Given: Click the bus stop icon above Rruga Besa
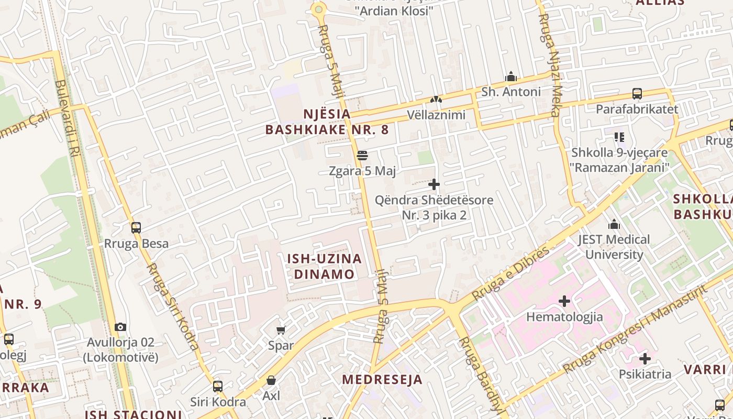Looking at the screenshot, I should [x=136, y=228].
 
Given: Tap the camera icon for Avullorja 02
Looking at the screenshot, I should [x=120, y=327].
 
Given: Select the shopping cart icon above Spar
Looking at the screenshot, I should [x=281, y=330].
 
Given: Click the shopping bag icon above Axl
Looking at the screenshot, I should [x=271, y=380].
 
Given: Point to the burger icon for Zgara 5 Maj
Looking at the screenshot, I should [x=362, y=156].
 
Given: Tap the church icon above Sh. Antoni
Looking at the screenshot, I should [x=511, y=77].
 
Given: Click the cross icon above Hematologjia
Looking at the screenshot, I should [x=564, y=301].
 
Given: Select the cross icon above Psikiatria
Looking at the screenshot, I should [x=645, y=359].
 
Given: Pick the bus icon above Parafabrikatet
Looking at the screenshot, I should [x=637, y=94].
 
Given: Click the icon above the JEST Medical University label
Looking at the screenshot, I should [x=614, y=225].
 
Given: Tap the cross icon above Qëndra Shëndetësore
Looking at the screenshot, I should [x=434, y=184].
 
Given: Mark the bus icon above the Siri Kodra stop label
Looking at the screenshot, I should [x=218, y=387].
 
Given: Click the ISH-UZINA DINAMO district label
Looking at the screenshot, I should [x=324, y=266].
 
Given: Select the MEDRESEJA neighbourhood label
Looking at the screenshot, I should [x=382, y=380].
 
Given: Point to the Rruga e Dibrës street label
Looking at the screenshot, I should [x=510, y=273].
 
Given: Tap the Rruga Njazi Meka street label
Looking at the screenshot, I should [x=549, y=65].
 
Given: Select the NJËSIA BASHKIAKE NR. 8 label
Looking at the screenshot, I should [x=327, y=122].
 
